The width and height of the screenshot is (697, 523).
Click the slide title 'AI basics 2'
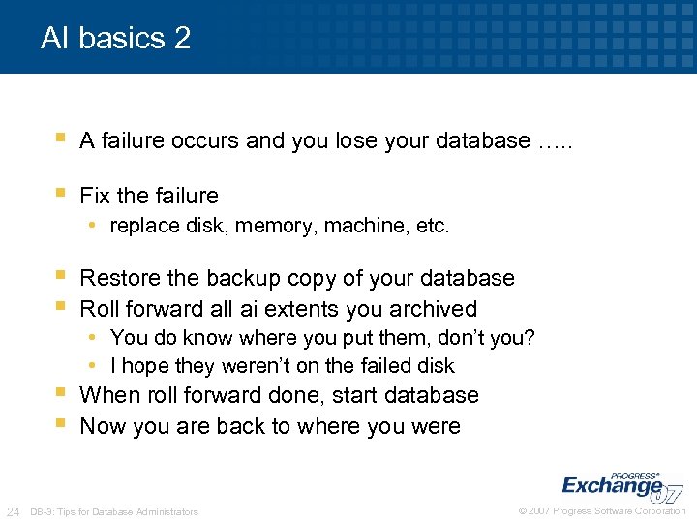[x=115, y=39]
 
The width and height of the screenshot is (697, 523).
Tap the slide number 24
[x=14, y=511]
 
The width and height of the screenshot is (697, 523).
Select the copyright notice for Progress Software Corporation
[x=602, y=511]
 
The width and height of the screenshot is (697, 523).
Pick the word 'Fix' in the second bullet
[x=95, y=196]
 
